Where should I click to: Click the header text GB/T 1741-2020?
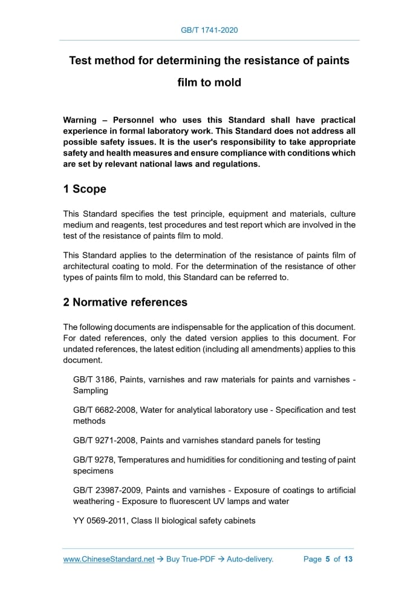click(x=209, y=30)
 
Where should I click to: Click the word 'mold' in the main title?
click(x=226, y=82)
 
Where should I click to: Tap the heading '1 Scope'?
click(x=85, y=189)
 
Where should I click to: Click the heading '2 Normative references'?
click(x=125, y=302)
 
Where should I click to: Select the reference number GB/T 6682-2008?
click(x=105, y=410)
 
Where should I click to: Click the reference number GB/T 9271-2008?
click(x=105, y=440)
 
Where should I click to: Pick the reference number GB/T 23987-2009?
click(x=108, y=490)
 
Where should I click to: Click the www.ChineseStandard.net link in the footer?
click(x=109, y=559)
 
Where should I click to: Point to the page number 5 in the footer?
click(x=327, y=559)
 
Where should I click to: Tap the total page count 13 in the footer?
click(x=348, y=559)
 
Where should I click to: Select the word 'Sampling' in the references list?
click(x=91, y=390)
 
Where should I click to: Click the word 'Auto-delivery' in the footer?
click(x=250, y=559)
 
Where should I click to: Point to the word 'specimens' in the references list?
click(x=93, y=470)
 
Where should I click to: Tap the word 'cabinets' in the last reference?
click(x=238, y=520)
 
